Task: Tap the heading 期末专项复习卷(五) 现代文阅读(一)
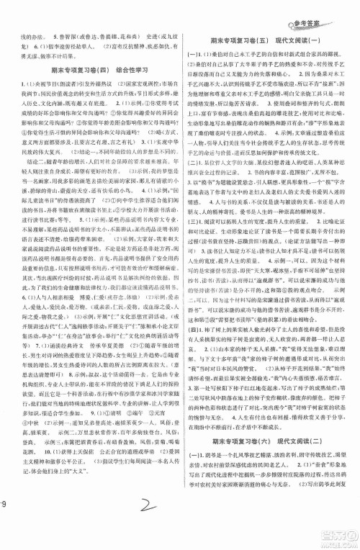click(x=270, y=41)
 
